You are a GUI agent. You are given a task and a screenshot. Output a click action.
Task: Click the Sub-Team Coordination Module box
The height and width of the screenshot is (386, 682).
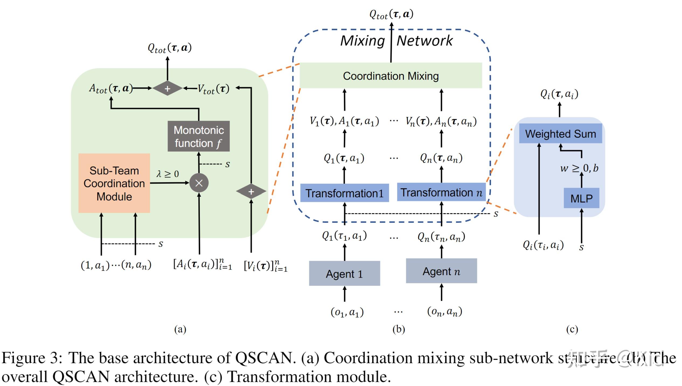(114, 183)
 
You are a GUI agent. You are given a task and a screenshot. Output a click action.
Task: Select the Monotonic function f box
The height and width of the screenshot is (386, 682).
(199, 136)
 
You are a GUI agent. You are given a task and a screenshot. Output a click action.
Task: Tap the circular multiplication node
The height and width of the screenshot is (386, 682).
(199, 183)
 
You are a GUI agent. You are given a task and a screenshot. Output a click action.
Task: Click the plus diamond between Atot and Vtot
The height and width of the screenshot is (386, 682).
(167, 88)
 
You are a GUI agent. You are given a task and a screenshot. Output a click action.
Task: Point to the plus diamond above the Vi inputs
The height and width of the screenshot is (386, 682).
(251, 192)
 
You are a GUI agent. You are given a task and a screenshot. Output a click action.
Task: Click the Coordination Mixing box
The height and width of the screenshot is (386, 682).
(391, 76)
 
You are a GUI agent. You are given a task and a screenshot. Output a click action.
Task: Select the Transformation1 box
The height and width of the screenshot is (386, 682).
(344, 193)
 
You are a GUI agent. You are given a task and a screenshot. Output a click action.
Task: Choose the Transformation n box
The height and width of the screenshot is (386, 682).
(441, 192)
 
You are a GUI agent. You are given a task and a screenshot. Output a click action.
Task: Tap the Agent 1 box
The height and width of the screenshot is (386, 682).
(344, 274)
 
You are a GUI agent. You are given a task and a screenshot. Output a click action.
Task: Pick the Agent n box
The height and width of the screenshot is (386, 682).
(441, 271)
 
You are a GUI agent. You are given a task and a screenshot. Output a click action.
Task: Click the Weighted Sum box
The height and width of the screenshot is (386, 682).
(560, 134)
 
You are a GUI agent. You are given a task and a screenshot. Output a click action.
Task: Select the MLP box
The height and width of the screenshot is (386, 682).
(581, 199)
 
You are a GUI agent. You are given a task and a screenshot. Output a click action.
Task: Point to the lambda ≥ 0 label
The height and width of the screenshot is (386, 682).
(168, 174)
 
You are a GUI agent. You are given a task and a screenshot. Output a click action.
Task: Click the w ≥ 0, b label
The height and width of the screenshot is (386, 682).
(579, 168)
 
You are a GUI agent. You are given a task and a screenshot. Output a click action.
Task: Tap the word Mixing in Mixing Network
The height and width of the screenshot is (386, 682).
(362, 41)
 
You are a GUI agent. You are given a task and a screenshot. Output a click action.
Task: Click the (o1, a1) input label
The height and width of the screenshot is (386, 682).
(347, 312)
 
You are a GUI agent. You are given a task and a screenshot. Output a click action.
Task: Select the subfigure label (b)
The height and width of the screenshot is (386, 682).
(398, 329)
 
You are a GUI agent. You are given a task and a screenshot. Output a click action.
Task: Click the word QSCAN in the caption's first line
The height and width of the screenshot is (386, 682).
(264, 358)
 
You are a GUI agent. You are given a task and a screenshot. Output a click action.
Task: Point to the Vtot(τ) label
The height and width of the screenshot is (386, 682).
(213, 89)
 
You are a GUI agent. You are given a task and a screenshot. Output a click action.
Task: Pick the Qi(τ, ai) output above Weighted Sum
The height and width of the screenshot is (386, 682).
(559, 94)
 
